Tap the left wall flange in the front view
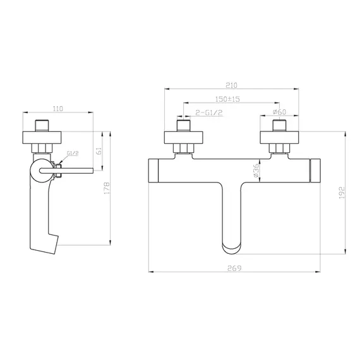point(184,136)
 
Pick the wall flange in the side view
point(44,136)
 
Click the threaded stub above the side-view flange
point(44,123)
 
